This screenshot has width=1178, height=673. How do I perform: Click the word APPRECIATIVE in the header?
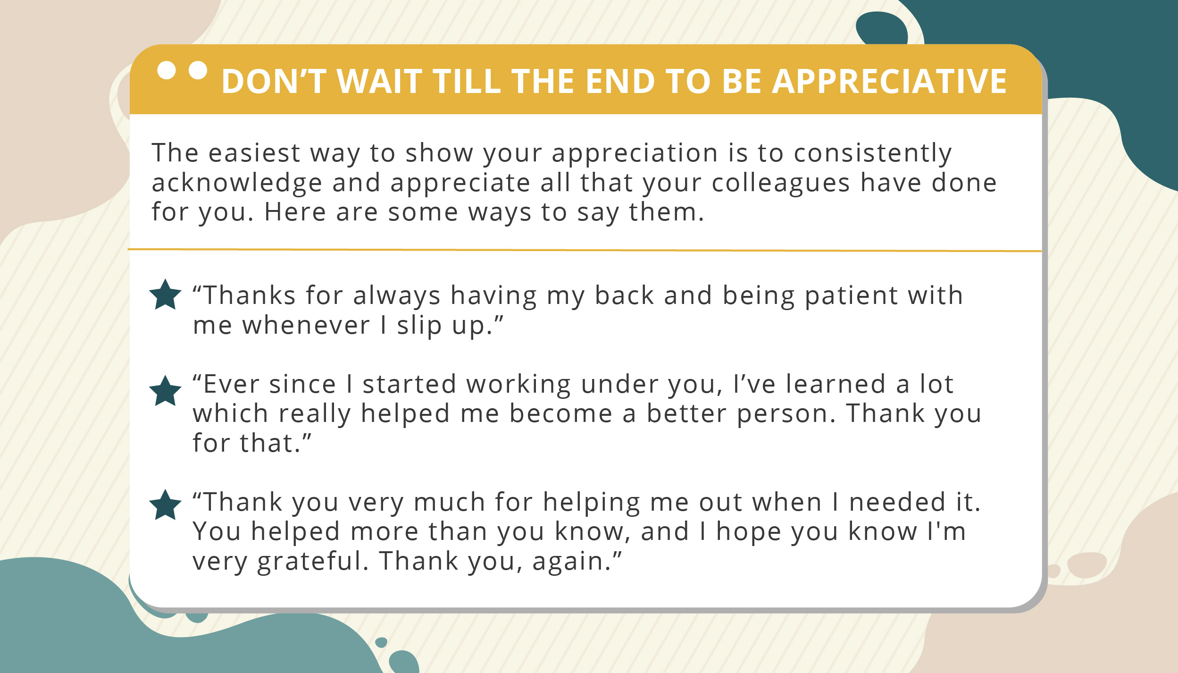pos(889,82)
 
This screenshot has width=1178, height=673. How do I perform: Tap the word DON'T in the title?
pos(274,82)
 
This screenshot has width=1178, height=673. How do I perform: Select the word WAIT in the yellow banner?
pos(380,82)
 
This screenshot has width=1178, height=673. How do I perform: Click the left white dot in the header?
pos(167,70)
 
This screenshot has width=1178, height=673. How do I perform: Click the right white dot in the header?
pos(198,70)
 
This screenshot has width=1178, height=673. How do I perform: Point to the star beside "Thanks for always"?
pos(165,295)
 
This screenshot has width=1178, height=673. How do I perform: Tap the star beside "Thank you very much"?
pos(165,505)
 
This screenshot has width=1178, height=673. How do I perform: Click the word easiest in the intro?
pos(254,153)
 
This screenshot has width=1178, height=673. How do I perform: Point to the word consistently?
pos(873,154)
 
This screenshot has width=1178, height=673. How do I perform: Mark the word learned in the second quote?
pos(835,384)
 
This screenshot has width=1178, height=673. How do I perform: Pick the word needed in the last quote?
pos(897,502)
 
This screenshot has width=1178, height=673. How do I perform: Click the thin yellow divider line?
pos(585,250)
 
